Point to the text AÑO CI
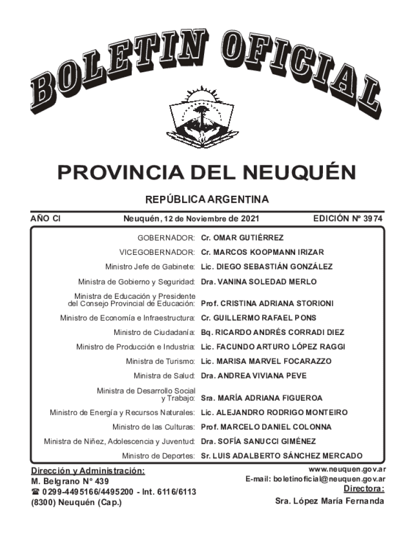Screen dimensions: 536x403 (45, 218)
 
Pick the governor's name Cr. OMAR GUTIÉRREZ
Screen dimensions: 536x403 (242, 238)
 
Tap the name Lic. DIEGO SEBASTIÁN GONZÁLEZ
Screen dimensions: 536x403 (267, 266)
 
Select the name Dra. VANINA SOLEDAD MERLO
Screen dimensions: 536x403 (259, 282)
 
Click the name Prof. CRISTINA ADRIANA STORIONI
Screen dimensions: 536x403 (267, 303)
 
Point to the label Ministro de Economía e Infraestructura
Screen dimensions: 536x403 (128, 318)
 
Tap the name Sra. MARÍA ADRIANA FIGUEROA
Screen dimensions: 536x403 (262, 398)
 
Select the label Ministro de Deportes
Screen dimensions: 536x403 (159, 455)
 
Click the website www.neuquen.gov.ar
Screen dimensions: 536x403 (347, 470)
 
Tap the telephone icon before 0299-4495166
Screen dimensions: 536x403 (36, 492)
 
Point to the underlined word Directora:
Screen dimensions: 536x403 (364, 489)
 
